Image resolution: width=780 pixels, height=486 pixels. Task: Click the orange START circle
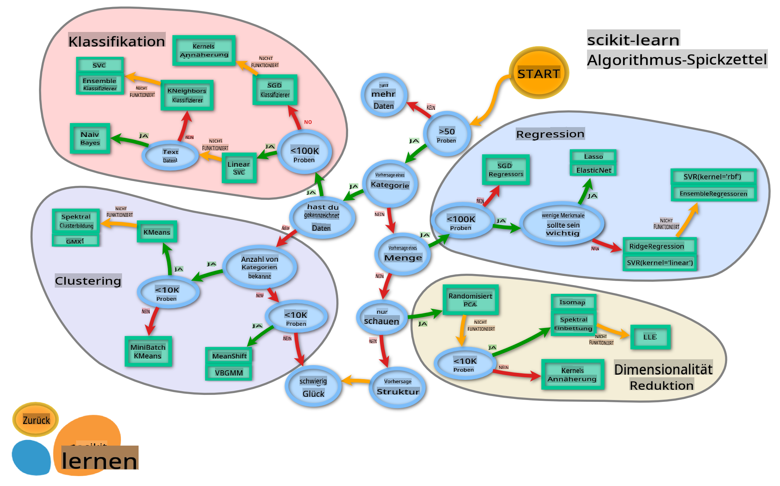point(539,73)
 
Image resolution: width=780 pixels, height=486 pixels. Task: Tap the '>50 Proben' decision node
point(447,134)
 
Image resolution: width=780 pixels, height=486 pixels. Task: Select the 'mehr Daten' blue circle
point(384,96)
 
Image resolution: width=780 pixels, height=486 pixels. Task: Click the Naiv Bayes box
point(90,138)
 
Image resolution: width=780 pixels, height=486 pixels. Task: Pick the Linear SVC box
point(239,168)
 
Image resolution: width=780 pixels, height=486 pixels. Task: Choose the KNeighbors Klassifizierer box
point(187,95)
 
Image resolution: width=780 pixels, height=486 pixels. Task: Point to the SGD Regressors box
point(506,170)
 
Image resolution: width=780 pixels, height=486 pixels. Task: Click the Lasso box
point(593,156)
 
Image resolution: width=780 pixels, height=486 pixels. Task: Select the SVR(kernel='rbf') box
point(713,177)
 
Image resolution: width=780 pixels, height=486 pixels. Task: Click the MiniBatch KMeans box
point(148,351)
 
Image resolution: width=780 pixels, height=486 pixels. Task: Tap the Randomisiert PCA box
point(470,299)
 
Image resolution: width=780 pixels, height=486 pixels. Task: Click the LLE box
point(650,337)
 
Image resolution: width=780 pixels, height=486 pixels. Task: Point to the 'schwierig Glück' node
point(313,387)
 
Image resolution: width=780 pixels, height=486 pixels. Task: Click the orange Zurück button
point(36,420)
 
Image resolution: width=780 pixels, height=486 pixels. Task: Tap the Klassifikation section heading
point(117,41)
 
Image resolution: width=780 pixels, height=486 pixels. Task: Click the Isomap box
point(573,302)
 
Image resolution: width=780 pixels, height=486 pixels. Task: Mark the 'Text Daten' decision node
point(170,156)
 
